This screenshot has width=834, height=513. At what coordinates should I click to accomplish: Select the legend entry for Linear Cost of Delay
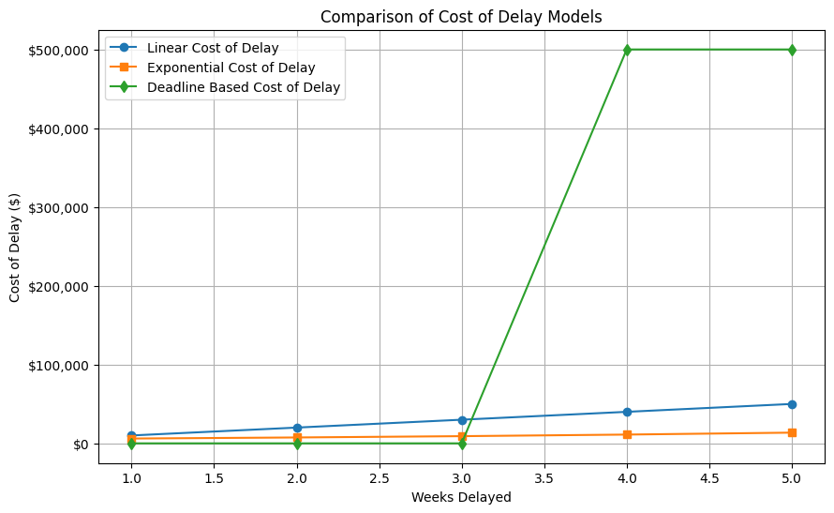pos(213,48)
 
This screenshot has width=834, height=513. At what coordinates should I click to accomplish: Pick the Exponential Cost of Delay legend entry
pos(231,68)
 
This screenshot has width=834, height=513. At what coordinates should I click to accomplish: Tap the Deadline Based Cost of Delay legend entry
pos(244,88)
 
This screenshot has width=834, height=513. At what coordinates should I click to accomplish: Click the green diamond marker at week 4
pos(627,50)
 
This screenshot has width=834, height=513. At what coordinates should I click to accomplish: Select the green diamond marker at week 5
pos(792,50)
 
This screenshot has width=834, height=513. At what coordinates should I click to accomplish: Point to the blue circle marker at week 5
pos(792,404)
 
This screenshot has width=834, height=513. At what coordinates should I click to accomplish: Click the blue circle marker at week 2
pos(297,428)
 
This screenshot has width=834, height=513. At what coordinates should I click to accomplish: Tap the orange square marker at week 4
pos(627,434)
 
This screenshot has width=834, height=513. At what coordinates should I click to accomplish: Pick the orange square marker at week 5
pos(792,432)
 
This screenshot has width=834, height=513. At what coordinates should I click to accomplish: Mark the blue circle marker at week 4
pos(627,412)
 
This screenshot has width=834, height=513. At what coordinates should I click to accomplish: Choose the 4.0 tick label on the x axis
pos(627,476)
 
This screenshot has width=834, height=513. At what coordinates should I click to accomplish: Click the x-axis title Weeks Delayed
pos(461,497)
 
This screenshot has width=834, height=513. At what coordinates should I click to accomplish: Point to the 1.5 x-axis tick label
pos(214,476)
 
